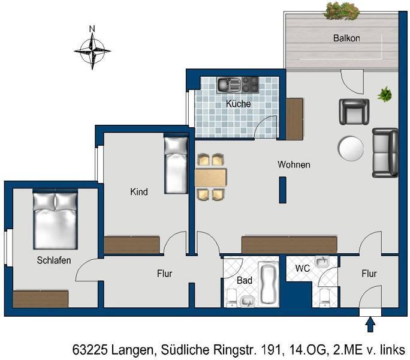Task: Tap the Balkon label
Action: (346, 38)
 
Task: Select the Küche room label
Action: (238, 104)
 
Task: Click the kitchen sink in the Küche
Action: (228, 85)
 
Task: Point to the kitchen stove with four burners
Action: (250, 85)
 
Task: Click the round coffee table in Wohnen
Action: (351, 148)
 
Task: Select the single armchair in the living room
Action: (354, 111)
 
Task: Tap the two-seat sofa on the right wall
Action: (385, 152)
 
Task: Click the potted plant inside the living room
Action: (384, 94)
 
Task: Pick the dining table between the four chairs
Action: (210, 177)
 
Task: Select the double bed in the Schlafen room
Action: (55, 220)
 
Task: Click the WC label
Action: (303, 269)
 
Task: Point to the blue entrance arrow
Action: (370, 324)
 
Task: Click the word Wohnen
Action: (294, 164)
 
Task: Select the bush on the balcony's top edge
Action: (342, 10)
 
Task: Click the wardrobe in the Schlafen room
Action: (40, 298)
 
